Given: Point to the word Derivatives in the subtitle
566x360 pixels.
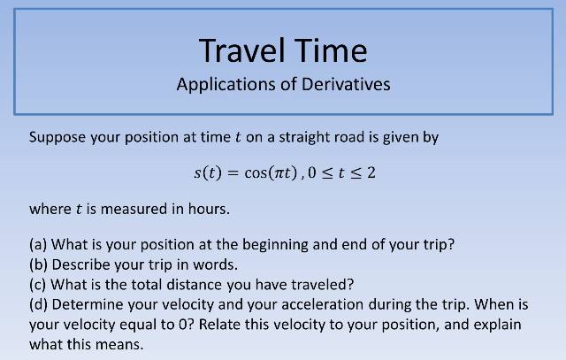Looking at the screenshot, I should [x=346, y=85].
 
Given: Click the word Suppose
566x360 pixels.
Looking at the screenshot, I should [x=57, y=138].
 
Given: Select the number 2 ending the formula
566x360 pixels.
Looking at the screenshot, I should [x=371, y=172].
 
